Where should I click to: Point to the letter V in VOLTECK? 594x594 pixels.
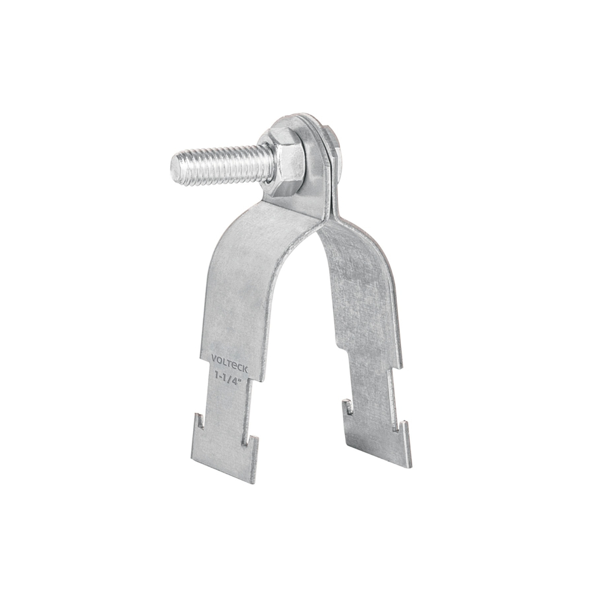click(214, 358)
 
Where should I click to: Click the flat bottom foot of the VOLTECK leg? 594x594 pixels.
click(225, 460)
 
